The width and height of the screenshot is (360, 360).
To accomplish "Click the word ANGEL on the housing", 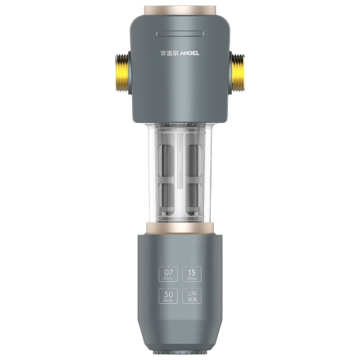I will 190,53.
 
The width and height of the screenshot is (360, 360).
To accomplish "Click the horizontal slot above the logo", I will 180,34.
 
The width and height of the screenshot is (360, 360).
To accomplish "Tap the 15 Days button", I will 192,274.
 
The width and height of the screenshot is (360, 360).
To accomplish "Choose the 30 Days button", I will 168,296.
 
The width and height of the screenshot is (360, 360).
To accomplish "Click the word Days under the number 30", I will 168,300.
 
